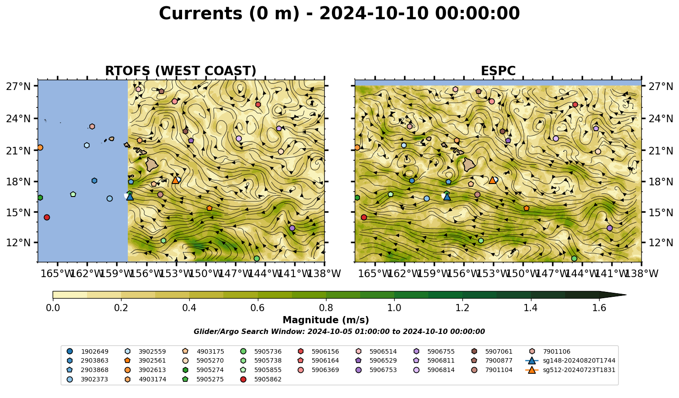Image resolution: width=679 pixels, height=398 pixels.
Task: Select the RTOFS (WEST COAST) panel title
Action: (x=181, y=71)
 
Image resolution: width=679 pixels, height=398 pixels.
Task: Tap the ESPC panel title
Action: (x=498, y=71)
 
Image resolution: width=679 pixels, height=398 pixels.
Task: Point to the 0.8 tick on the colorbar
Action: (x=326, y=300)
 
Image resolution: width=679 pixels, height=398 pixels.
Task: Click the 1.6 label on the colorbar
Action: (x=599, y=308)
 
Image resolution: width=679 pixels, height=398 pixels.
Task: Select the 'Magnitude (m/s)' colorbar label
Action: (x=326, y=320)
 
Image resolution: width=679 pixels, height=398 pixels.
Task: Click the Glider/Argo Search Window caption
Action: (x=339, y=331)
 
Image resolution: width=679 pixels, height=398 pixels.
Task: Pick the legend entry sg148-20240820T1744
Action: (x=570, y=360)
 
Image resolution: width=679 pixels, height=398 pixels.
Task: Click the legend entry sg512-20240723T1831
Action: (x=570, y=370)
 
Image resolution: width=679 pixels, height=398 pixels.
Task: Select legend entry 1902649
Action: (x=87, y=351)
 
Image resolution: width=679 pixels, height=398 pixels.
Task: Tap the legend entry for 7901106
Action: (x=550, y=351)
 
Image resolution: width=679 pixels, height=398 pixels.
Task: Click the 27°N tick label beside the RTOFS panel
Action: (x=18, y=86)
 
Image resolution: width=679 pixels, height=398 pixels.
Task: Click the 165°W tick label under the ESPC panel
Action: (x=372, y=274)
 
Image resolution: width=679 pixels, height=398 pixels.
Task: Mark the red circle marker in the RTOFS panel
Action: (x=47, y=217)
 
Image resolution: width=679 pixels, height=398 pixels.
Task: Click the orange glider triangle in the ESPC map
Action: (x=492, y=180)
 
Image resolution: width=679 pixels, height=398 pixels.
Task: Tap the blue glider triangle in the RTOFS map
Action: (x=130, y=197)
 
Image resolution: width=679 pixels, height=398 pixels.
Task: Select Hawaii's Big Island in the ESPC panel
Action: (x=469, y=165)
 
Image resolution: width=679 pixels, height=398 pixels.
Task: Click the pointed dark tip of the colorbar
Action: (x=626, y=295)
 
